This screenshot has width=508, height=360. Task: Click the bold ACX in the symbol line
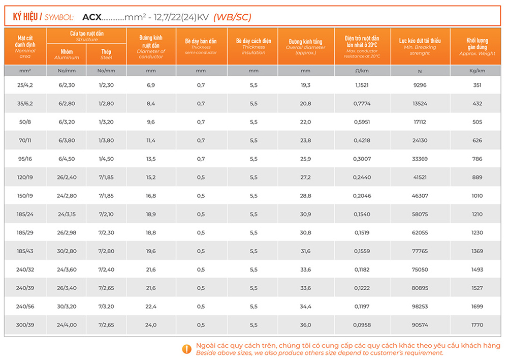pos(91,17)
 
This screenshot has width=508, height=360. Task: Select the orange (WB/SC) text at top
pos(232,17)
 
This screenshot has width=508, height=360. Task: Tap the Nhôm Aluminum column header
pos(67,54)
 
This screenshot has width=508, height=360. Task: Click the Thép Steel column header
pos(106,54)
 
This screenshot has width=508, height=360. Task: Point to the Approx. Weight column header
pos(477,46)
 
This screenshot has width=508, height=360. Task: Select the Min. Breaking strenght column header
pos(420,46)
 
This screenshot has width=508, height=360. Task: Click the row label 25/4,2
pos(25,85)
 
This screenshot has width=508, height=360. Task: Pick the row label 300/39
pos(25,325)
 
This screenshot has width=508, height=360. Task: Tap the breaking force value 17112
pos(420,122)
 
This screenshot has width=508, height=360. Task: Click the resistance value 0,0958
pos(363,325)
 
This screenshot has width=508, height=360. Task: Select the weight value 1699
pos(477,307)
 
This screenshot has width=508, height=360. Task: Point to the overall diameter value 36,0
pos(305,325)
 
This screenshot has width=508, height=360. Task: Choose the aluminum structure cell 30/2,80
pos(67,251)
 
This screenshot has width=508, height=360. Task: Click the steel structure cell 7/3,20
pos(106,307)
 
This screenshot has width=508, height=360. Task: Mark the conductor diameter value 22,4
pos(151,307)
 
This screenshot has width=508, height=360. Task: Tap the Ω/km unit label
pos(363,71)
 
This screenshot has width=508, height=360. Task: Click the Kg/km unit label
pos(477,71)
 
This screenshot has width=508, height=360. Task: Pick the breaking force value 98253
pos(420,307)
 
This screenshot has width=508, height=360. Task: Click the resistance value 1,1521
pos(363,85)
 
